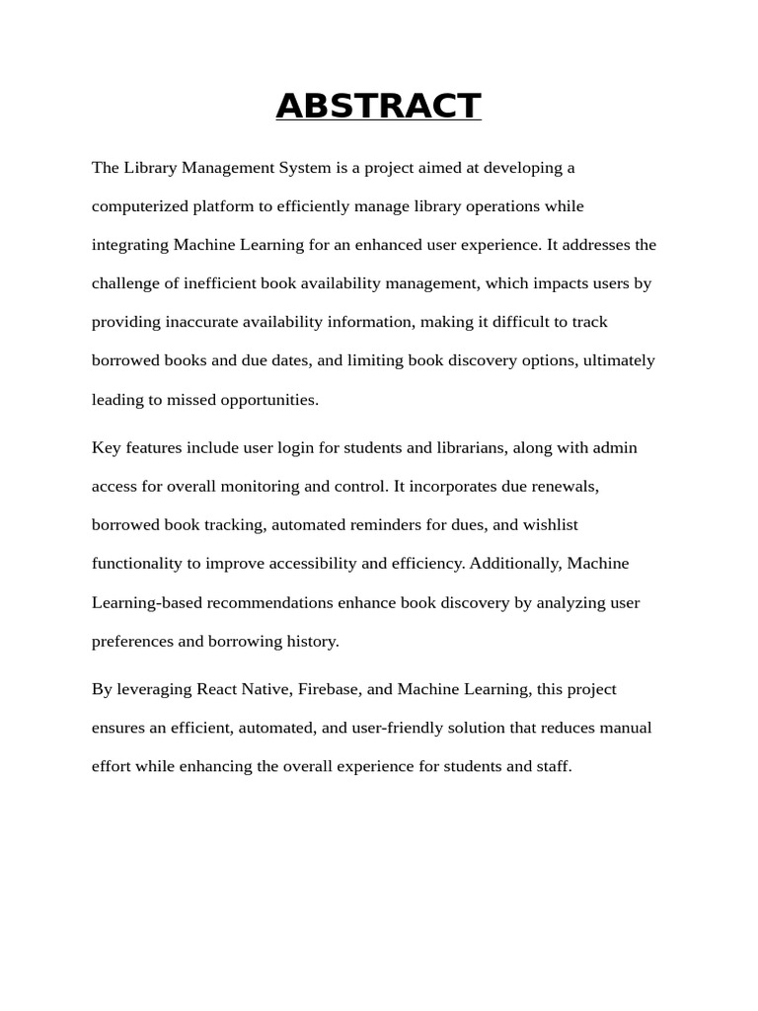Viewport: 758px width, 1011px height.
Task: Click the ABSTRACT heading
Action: click(x=378, y=106)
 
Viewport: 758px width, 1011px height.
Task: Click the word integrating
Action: click(x=130, y=245)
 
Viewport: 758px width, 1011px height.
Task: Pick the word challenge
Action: click(x=125, y=283)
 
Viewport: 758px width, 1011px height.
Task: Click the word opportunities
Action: click(x=267, y=400)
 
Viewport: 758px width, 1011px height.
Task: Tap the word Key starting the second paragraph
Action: click(x=106, y=448)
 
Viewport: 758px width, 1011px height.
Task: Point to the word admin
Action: click(x=614, y=448)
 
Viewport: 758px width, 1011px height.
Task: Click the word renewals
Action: click(x=565, y=487)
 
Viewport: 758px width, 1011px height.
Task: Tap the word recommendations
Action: click(x=263, y=602)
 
